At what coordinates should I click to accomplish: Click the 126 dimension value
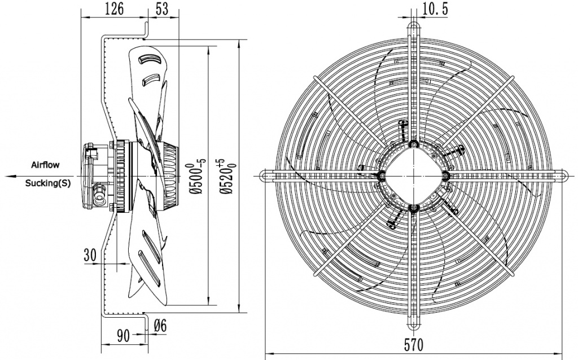tap(115, 8)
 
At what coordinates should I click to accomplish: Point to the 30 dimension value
tap(89, 254)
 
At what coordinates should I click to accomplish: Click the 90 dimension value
tap(124, 335)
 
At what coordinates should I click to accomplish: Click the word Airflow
tap(44, 164)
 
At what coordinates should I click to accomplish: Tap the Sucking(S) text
tap(48, 183)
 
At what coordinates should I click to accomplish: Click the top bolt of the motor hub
tap(414, 144)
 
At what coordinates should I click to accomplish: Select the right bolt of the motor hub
tap(446, 176)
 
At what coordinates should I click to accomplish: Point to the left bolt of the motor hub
tap(382, 176)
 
